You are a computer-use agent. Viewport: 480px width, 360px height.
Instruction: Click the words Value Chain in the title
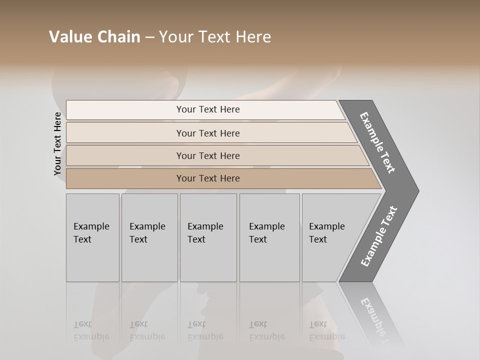[94, 37]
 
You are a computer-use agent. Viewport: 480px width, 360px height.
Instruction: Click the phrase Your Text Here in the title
[215, 37]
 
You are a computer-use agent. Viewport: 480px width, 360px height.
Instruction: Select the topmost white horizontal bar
[205, 109]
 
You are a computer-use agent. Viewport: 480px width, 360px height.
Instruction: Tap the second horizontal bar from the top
[208, 133]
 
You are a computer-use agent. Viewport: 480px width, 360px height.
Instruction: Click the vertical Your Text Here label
[57, 144]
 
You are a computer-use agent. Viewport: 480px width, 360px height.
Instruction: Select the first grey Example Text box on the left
[92, 237]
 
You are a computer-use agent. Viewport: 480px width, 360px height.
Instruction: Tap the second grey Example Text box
[149, 237]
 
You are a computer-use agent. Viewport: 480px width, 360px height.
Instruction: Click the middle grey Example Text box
[208, 237]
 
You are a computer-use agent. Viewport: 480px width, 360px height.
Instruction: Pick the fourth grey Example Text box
[269, 237]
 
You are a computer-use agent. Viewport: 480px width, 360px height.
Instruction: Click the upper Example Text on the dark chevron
[378, 142]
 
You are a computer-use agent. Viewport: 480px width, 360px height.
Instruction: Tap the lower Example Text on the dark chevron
[379, 236]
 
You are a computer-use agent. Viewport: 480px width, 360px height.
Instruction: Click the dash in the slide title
[149, 37]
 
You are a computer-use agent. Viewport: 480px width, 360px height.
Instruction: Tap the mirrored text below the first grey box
[91, 330]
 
